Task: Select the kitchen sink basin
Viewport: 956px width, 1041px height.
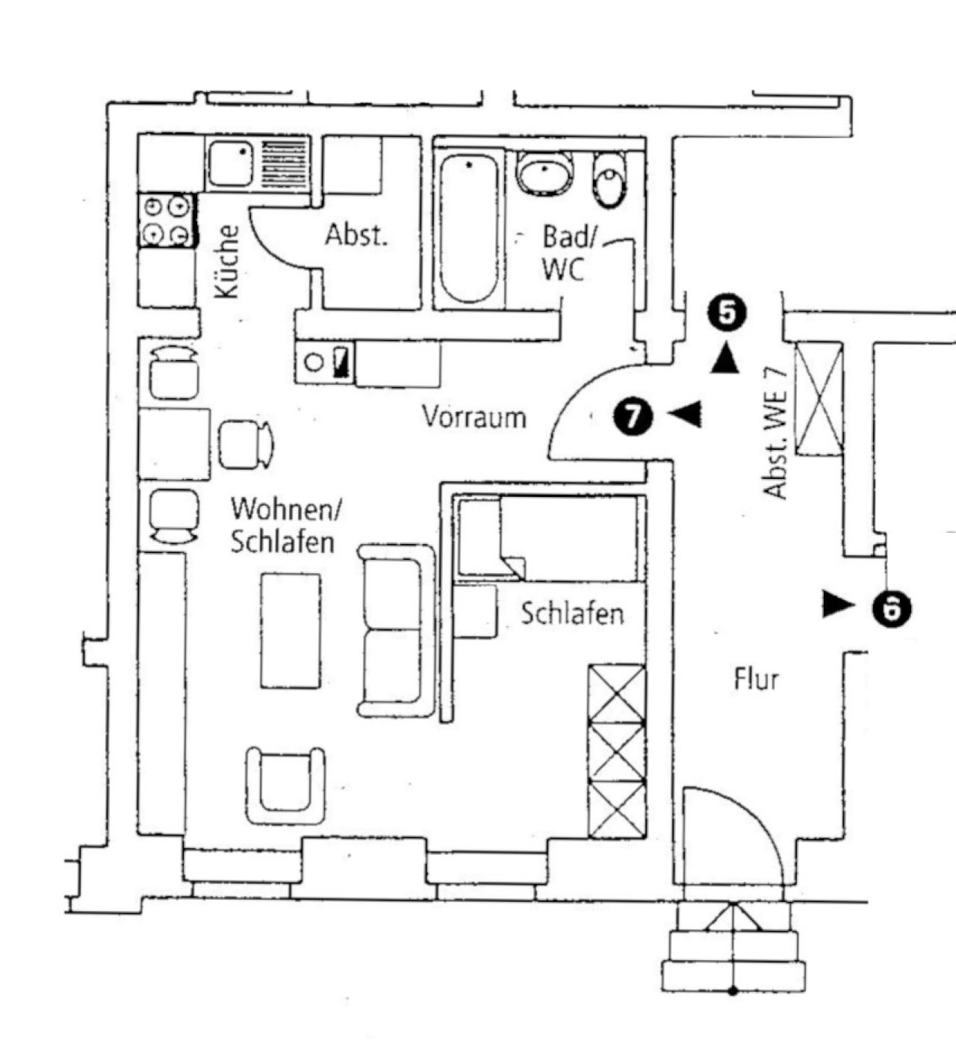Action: [230, 163]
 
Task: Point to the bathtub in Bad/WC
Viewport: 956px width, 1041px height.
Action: [468, 228]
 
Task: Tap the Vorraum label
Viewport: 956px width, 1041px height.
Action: [474, 416]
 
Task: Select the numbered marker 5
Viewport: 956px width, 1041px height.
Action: [727, 312]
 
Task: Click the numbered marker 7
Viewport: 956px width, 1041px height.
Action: [633, 416]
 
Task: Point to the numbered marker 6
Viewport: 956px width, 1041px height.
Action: [893, 607]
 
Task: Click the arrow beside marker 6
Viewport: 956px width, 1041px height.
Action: [837, 604]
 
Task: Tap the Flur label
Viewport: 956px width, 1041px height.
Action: [756, 679]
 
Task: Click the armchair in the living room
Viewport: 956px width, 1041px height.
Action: [286, 785]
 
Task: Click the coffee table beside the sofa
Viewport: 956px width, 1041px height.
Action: [291, 630]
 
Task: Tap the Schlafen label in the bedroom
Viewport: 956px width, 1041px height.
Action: [572, 614]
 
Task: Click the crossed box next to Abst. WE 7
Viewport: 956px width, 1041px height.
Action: [819, 398]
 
